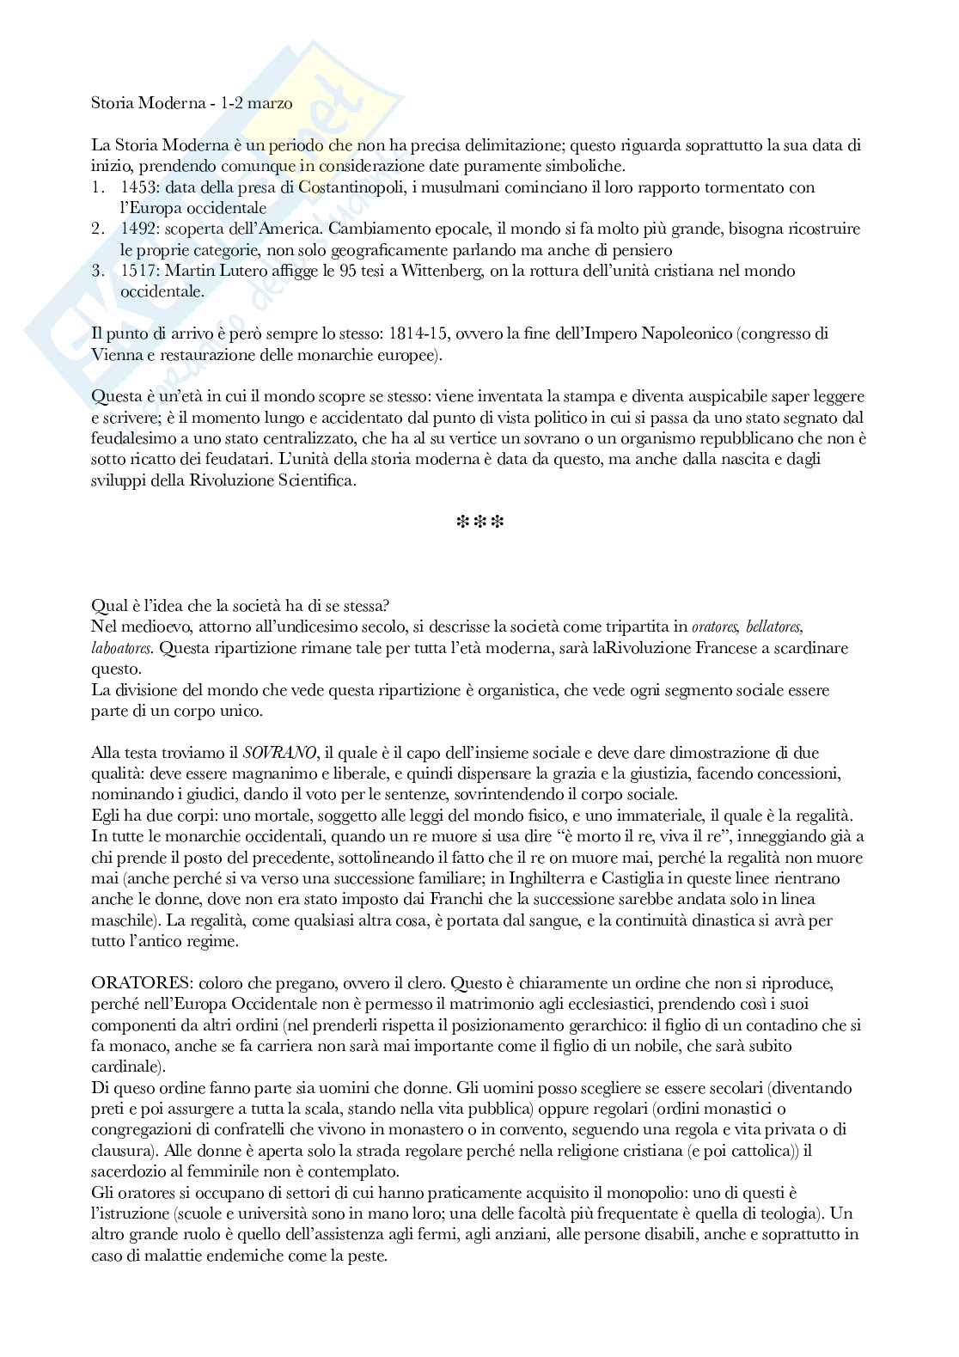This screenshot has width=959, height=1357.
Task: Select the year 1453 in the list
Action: (x=138, y=187)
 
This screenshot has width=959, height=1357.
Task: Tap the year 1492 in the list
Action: (x=138, y=229)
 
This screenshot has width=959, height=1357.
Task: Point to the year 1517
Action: (x=138, y=272)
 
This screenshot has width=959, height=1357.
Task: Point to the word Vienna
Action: (x=113, y=355)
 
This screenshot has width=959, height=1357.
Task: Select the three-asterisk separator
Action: (x=479, y=523)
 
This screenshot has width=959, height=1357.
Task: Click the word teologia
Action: (x=777, y=1213)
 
